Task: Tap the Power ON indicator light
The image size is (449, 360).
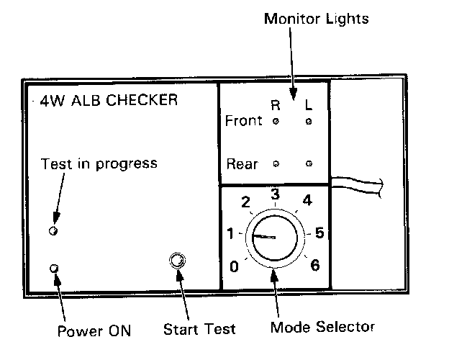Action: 53,269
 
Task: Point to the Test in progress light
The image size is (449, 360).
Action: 53,230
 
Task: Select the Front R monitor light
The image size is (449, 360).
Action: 276,121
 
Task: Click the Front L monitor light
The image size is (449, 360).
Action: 309,121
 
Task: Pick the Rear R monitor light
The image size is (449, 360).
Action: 276,164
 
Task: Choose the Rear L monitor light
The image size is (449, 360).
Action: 309,164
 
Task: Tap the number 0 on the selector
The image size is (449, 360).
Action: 234,268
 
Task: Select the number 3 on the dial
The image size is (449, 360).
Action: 274,194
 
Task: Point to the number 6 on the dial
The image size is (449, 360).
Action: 314,265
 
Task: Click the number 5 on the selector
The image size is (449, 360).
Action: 319,233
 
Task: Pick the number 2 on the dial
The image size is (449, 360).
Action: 245,202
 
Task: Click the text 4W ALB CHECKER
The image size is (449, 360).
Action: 109,99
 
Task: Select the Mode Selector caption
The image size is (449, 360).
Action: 322,327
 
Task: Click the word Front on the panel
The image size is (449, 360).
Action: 244,120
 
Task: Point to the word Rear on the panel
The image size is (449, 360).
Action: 242,163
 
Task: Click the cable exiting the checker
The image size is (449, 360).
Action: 360,186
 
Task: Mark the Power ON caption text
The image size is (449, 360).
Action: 94,331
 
